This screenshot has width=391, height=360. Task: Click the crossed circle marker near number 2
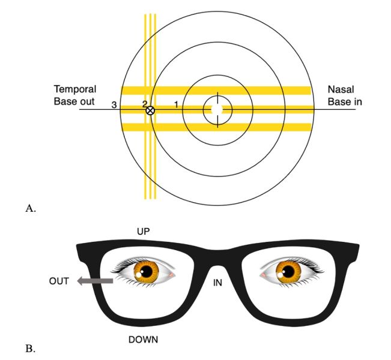pyautogui.click(x=150, y=110)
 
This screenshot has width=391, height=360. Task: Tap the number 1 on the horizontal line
pyautogui.click(x=176, y=104)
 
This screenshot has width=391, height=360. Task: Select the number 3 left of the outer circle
pyautogui.click(x=114, y=105)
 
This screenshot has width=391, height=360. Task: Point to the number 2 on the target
pyautogui.click(x=144, y=104)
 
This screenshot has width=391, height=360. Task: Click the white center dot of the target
pyautogui.click(x=217, y=109)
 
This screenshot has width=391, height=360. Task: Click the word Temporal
pyautogui.click(x=75, y=89)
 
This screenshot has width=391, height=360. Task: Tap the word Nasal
pyautogui.click(x=339, y=89)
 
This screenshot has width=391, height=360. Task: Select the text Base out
pyautogui.click(x=74, y=101)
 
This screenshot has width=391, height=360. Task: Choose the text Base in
pyautogui.click(x=345, y=101)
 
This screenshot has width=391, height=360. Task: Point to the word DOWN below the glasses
pyautogui.click(x=144, y=340)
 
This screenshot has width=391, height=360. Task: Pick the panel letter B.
pyautogui.click(x=29, y=347)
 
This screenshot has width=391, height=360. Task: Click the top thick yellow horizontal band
pyautogui.click(x=216, y=91)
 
